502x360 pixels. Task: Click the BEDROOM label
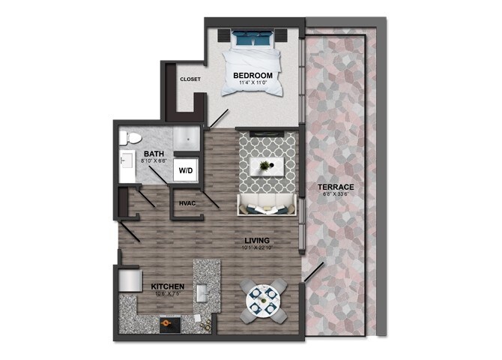(x=252, y=76)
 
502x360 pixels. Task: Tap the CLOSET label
(x=190, y=79)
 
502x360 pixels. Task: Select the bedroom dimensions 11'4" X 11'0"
(x=252, y=84)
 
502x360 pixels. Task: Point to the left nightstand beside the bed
(x=223, y=34)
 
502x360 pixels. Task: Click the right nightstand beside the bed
(x=284, y=34)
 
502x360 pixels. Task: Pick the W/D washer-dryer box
(x=184, y=169)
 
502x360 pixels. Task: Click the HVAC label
(x=187, y=203)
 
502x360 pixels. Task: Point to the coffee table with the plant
(x=265, y=166)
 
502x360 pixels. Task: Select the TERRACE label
(x=335, y=187)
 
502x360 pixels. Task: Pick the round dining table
(x=266, y=300)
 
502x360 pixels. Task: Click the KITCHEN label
(x=169, y=286)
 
